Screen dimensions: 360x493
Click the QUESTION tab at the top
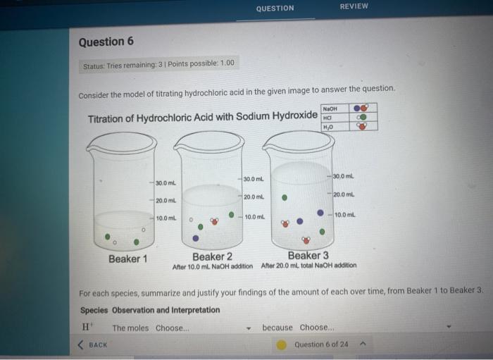(x=275, y=8)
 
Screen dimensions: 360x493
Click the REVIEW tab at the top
(x=354, y=6)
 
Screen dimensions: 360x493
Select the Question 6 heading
(x=106, y=42)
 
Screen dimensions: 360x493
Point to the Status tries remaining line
(x=158, y=64)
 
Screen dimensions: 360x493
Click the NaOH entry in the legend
(x=330, y=108)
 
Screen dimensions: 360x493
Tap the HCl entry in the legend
(x=327, y=118)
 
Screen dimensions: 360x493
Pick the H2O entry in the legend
(x=327, y=127)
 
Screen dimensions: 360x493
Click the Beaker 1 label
(x=127, y=259)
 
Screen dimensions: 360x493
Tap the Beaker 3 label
(x=308, y=255)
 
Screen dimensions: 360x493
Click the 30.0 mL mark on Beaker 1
(x=166, y=183)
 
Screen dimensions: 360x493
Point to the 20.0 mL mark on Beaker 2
(x=254, y=197)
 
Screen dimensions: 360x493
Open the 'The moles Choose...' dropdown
(x=183, y=328)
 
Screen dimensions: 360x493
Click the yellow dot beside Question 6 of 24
(x=281, y=345)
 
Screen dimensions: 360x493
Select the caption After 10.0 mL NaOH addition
(x=212, y=266)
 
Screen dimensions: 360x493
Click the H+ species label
(x=87, y=328)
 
